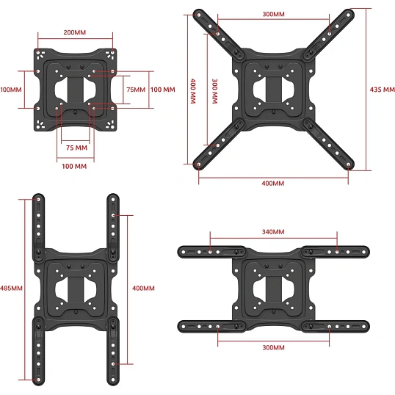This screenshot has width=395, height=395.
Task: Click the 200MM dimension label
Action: pyautogui.click(x=75, y=32)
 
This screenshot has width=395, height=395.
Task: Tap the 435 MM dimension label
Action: pyautogui.click(x=383, y=90)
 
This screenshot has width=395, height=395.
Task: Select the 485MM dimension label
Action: pyautogui.click(x=11, y=288)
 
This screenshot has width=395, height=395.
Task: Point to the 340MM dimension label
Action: pyautogui.click(x=273, y=232)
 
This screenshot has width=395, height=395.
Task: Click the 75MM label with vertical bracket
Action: pyautogui.click(x=136, y=90)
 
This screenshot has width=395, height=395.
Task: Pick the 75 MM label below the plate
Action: pyautogui.click(x=76, y=148)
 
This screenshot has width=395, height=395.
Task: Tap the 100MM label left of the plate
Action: pyautogui.click(x=11, y=90)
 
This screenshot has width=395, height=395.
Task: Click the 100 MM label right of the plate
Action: pyautogui.click(x=162, y=90)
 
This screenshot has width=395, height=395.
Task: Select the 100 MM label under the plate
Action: pyautogui.click(x=74, y=166)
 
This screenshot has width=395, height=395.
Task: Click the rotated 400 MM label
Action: pyautogui.click(x=193, y=91)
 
